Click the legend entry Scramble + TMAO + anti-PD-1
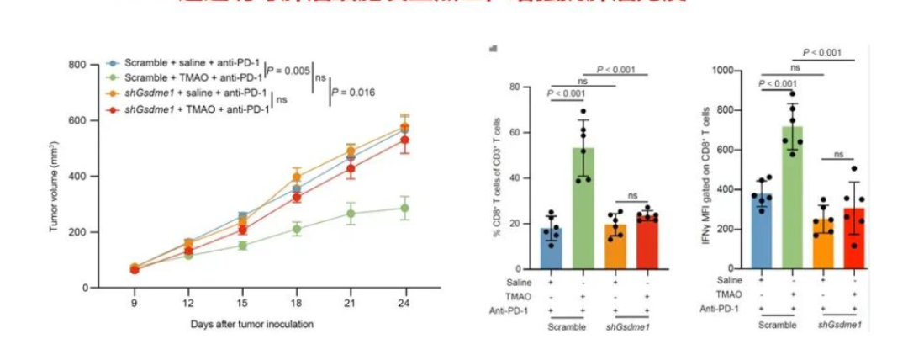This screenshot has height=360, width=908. tap(193, 77)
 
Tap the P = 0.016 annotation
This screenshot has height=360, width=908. tap(354, 93)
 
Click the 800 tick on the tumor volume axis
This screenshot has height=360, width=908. tap(78, 65)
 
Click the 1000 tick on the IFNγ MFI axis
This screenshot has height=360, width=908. tap(731, 71)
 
